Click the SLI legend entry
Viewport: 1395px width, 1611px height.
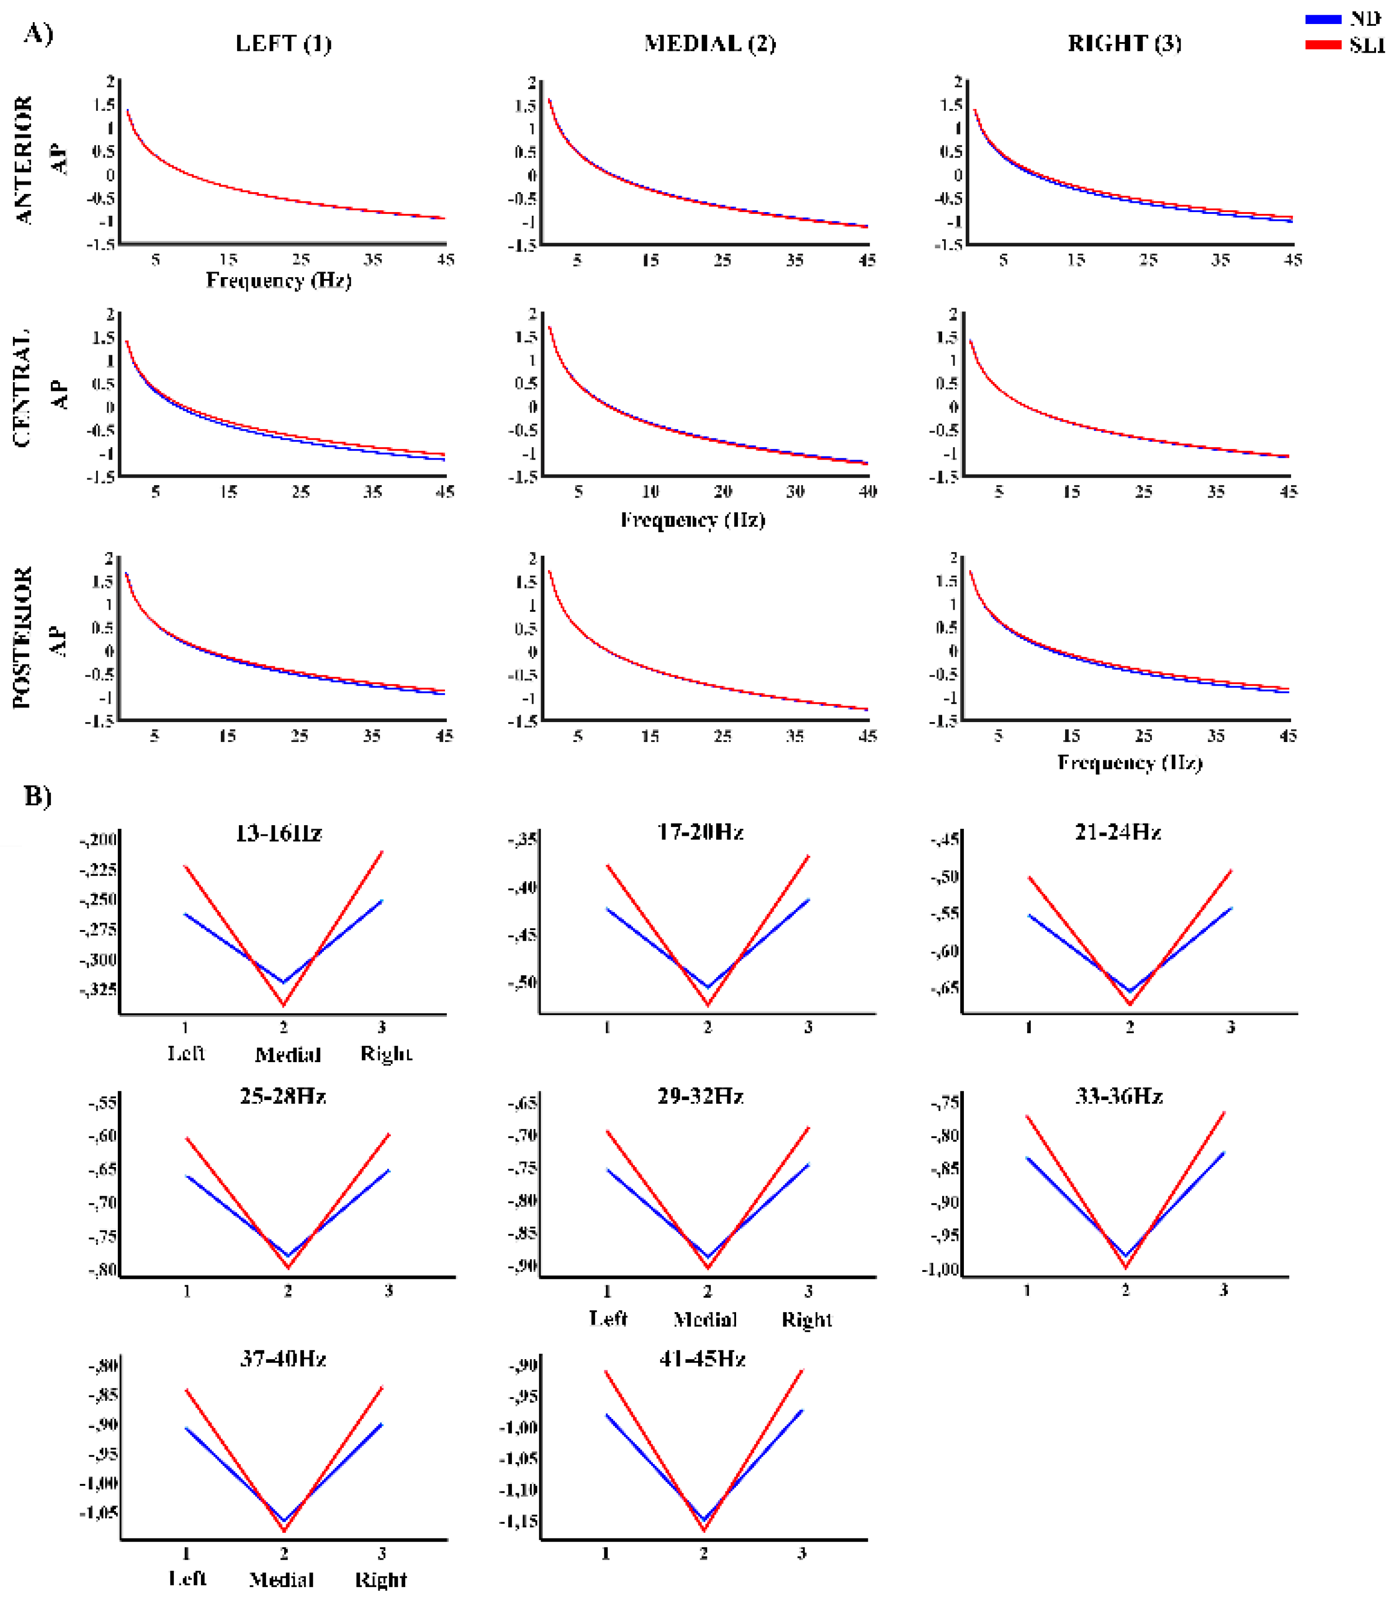pos(1366,45)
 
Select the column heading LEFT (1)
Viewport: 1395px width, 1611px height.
pos(283,43)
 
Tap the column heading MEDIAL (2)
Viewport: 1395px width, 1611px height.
pos(709,43)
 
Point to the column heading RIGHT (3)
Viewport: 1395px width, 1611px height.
pos(1124,43)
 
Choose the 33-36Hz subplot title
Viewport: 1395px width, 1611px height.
pos(1119,1097)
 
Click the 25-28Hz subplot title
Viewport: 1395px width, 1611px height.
pos(283,1097)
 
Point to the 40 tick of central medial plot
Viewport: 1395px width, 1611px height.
pos(867,492)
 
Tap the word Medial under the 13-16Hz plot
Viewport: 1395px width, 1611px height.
pos(287,1055)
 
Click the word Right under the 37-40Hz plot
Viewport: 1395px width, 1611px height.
pos(381,1581)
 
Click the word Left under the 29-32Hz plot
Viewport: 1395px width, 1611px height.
pos(608,1319)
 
